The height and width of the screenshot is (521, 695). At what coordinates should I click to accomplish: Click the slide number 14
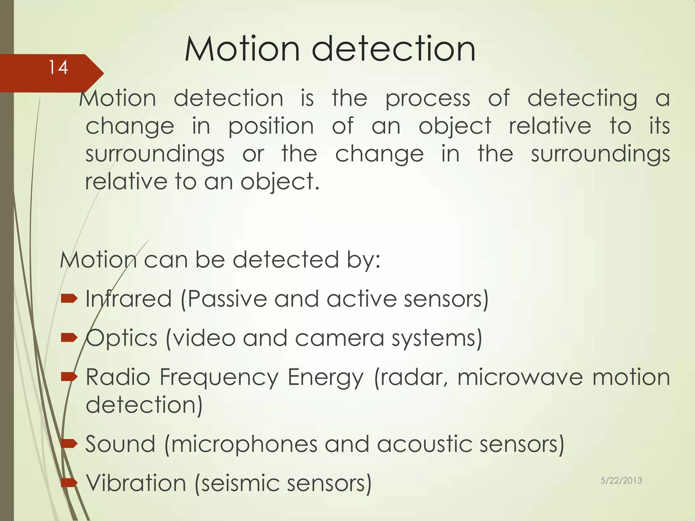click(x=58, y=67)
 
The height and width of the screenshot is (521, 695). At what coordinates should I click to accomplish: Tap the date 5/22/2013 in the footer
click(x=621, y=480)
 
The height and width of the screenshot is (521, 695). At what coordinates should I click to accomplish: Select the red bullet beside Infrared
click(x=69, y=298)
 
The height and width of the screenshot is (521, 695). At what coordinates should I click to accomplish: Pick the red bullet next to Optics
click(x=69, y=337)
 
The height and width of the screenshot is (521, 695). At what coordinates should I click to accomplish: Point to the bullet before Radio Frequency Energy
click(x=69, y=377)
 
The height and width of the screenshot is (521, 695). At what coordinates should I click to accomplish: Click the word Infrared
click(x=129, y=299)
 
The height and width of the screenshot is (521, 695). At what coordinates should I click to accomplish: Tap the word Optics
click(x=121, y=338)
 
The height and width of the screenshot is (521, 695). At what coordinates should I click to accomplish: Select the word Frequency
click(x=219, y=377)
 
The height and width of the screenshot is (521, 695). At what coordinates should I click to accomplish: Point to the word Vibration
click(x=136, y=483)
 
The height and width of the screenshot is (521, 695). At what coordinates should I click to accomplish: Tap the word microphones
click(x=244, y=444)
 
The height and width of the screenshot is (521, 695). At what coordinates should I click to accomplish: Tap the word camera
click(x=339, y=338)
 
